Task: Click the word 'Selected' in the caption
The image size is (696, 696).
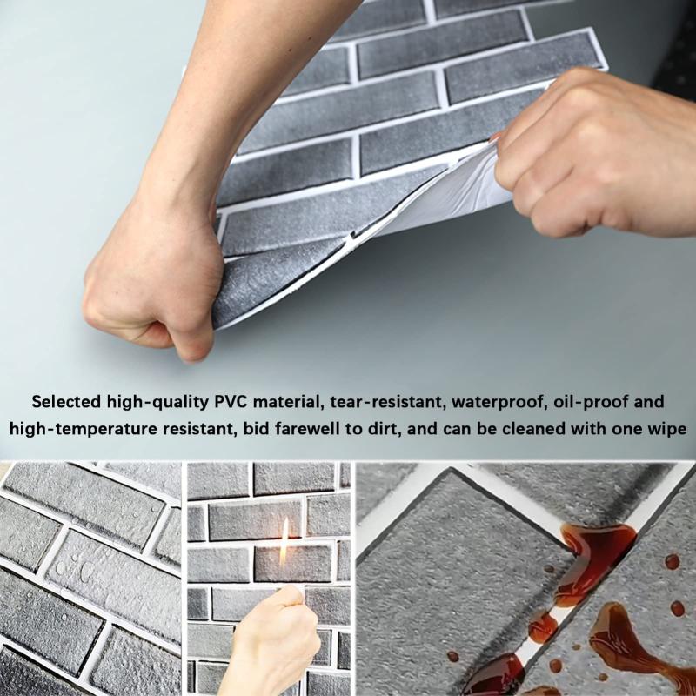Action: coord(66,402)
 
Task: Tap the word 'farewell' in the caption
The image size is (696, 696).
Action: coord(312,429)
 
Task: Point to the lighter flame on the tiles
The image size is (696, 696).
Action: coord(284,543)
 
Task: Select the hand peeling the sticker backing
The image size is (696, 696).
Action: coord(591,156)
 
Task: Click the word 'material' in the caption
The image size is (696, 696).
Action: coord(289,402)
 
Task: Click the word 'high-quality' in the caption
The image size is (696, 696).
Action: coord(157,402)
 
